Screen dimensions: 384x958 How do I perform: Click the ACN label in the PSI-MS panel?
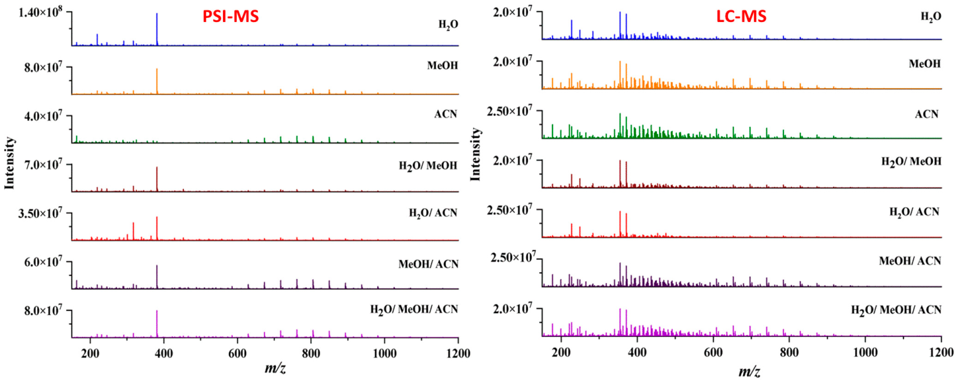point(446,114)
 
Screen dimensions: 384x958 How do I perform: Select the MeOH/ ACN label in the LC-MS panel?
point(910,261)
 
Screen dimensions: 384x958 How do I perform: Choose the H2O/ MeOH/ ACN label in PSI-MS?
point(414,309)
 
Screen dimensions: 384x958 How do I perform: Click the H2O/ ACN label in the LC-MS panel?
point(914,212)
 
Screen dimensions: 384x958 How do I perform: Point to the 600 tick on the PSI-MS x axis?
point(237,353)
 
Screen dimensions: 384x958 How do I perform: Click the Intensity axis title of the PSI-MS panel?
point(10,163)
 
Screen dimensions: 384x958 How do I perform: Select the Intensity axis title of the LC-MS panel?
point(476,154)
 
